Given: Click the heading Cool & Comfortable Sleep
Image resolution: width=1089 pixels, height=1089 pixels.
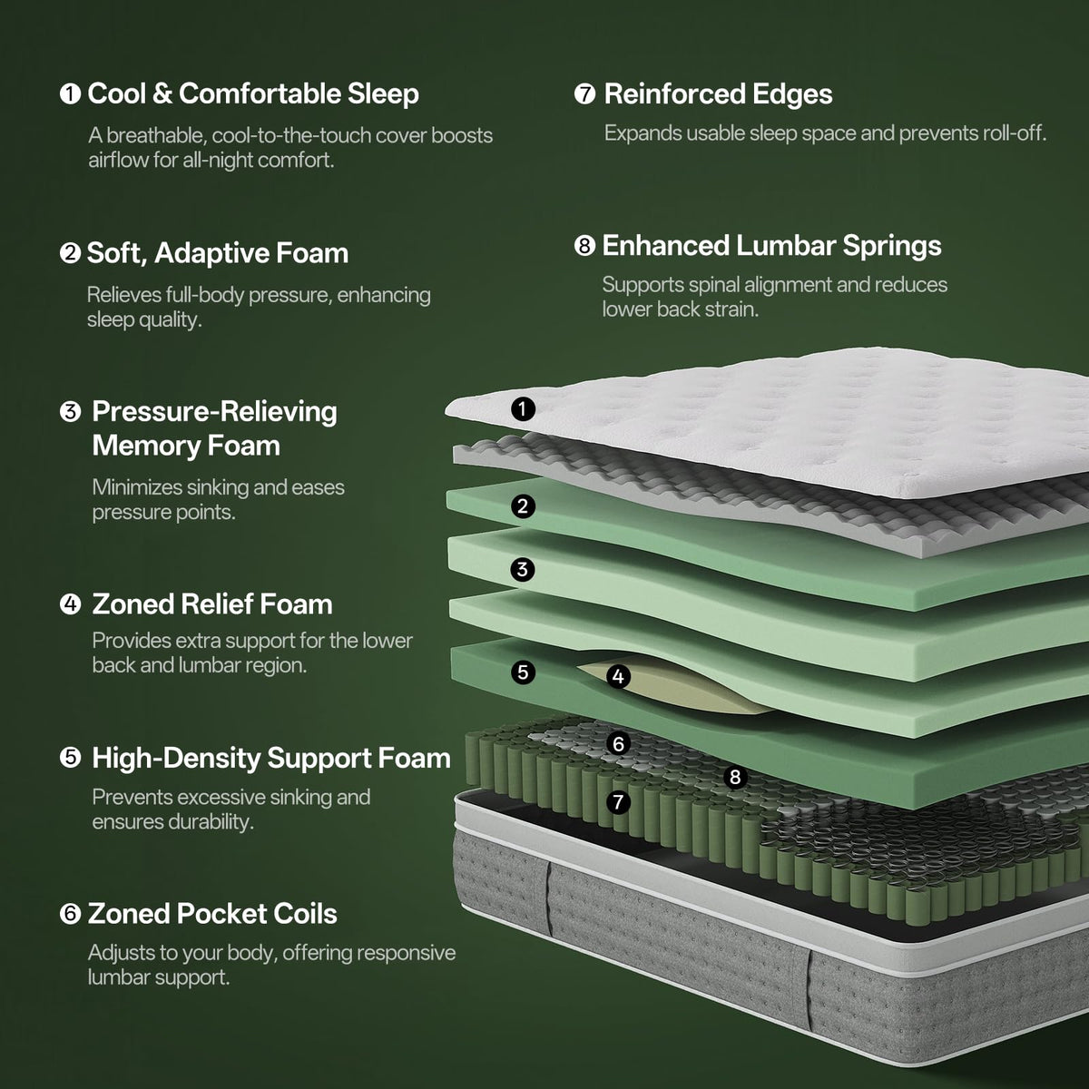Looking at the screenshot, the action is pos(253,93).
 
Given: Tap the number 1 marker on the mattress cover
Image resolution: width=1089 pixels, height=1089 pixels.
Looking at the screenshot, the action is pos(523,408).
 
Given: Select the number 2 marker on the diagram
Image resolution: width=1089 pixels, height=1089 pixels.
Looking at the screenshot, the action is pos(523,506).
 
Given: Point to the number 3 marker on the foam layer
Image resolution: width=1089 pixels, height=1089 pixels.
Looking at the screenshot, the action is pos(523,570).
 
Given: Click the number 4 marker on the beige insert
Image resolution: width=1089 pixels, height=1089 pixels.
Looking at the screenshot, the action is pos(618,676).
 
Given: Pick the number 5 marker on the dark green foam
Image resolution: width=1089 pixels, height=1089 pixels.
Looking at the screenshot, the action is pos(523,672).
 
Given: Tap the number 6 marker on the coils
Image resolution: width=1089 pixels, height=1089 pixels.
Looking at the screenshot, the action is pos(618,744).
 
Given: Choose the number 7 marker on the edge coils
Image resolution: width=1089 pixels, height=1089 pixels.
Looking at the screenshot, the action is pos(618,802).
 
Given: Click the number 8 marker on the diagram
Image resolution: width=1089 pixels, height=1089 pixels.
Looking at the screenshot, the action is pos(735,777).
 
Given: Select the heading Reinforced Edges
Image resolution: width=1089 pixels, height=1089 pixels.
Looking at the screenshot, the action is pos(718,94).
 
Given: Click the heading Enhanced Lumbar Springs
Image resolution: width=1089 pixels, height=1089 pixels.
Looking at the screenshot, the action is pos(772,246).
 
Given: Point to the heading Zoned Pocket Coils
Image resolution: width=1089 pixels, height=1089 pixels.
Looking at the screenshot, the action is pos(212,914).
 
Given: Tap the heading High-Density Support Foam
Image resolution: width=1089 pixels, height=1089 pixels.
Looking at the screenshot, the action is pos(271,759).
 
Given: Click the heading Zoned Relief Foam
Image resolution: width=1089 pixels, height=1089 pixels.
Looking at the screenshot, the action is pos(212,604).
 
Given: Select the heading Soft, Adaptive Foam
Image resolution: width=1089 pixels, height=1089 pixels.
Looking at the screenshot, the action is pos(218,253).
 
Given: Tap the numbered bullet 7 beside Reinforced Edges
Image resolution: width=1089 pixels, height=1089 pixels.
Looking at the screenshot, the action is pos(585,93).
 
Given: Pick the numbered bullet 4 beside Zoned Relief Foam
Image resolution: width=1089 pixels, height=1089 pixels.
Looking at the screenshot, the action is pos(70,604).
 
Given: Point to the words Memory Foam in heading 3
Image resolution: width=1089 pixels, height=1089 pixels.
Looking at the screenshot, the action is pos(186,446).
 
